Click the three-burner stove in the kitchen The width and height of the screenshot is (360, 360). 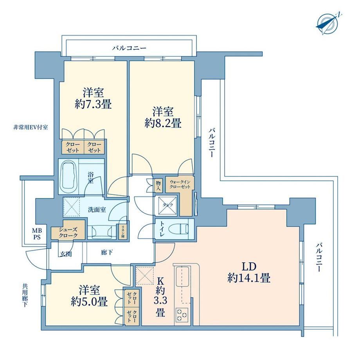click(182, 314)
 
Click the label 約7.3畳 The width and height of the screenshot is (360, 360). click(93, 105)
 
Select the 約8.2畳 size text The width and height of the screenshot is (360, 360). click(163, 123)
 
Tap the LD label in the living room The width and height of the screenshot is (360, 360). click(248, 266)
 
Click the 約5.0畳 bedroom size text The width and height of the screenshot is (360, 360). click(89, 302)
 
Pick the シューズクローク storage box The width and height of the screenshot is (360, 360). click(68, 232)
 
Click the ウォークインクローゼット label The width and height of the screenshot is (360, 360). click(180, 184)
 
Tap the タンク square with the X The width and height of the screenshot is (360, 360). click(166, 205)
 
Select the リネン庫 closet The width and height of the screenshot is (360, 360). click(123, 232)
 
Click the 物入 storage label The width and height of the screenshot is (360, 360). click(158, 185)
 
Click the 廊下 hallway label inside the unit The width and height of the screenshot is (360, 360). click(107, 252)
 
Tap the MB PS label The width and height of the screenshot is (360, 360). click(37, 234)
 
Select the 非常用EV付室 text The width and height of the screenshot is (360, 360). click(31, 128)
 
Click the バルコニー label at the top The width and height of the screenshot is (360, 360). click(129, 48)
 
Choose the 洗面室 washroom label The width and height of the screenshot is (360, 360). click(97, 209)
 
